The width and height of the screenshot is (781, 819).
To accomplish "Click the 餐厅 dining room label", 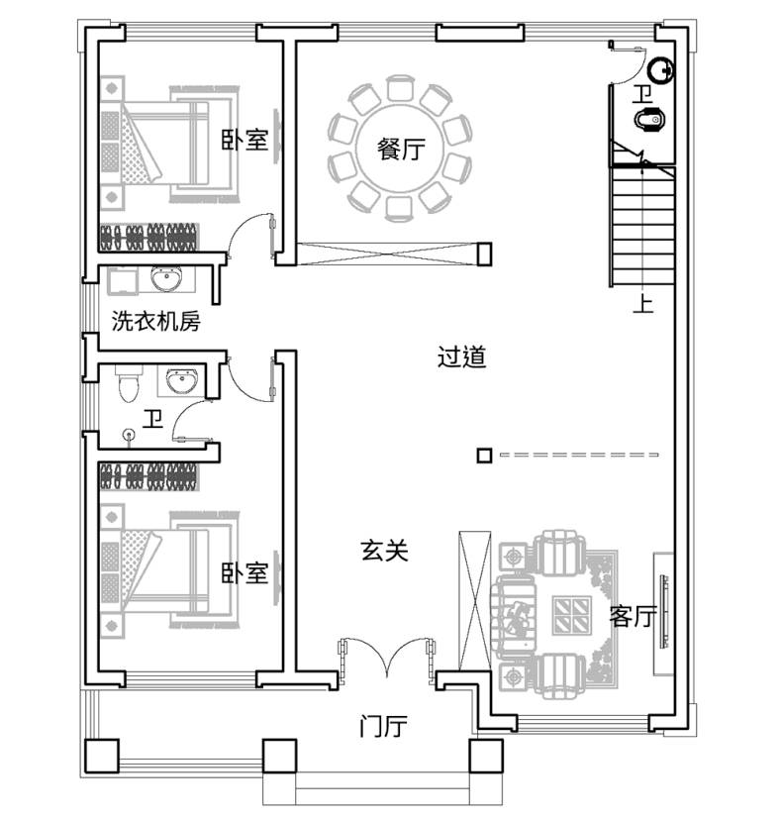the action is click(401, 150).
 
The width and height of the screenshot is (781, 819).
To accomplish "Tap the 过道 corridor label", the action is click(462, 358).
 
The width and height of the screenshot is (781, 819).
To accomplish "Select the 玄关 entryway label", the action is click(384, 551).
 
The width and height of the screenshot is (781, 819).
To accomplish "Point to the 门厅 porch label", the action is click(384, 726).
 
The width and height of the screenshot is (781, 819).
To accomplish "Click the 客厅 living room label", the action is click(633, 616).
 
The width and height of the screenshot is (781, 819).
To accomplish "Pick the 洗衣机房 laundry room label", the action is click(156, 321).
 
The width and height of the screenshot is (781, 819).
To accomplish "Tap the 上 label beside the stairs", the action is click(643, 303).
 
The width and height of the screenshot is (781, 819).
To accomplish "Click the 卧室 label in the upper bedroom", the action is click(244, 140).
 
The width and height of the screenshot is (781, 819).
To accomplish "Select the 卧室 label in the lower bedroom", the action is click(244, 573).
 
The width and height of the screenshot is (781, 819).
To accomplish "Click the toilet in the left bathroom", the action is click(129, 384).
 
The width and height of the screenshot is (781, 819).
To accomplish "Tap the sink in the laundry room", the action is click(167, 277).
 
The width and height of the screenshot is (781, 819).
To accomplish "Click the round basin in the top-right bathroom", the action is click(661, 70).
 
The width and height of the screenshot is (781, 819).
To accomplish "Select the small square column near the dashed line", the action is click(484, 456).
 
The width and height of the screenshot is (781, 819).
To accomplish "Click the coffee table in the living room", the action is click(572, 615).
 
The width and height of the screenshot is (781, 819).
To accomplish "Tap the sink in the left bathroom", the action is click(182, 380).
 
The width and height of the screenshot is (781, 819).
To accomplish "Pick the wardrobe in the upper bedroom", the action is click(149, 237).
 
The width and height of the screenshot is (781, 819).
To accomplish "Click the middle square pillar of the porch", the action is click(279, 756).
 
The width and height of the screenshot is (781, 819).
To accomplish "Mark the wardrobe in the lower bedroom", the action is click(149, 477).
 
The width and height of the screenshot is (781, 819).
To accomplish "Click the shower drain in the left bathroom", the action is click(129, 434).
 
